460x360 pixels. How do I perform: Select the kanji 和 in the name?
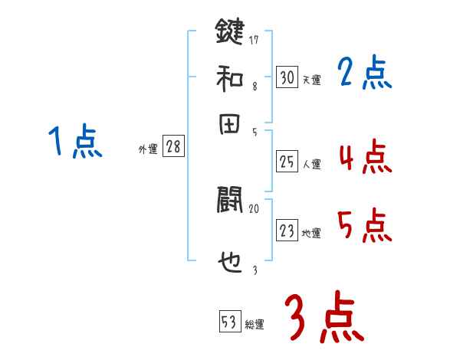point(229,77)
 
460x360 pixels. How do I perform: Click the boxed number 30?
point(287,77)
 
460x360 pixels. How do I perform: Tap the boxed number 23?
point(287,231)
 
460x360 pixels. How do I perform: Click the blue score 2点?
point(365,74)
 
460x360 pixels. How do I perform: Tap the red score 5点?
point(365,227)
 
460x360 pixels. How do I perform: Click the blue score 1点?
point(75,142)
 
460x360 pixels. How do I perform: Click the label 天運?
point(311,80)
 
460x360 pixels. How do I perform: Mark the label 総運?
point(255,325)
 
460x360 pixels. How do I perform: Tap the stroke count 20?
point(255,208)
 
